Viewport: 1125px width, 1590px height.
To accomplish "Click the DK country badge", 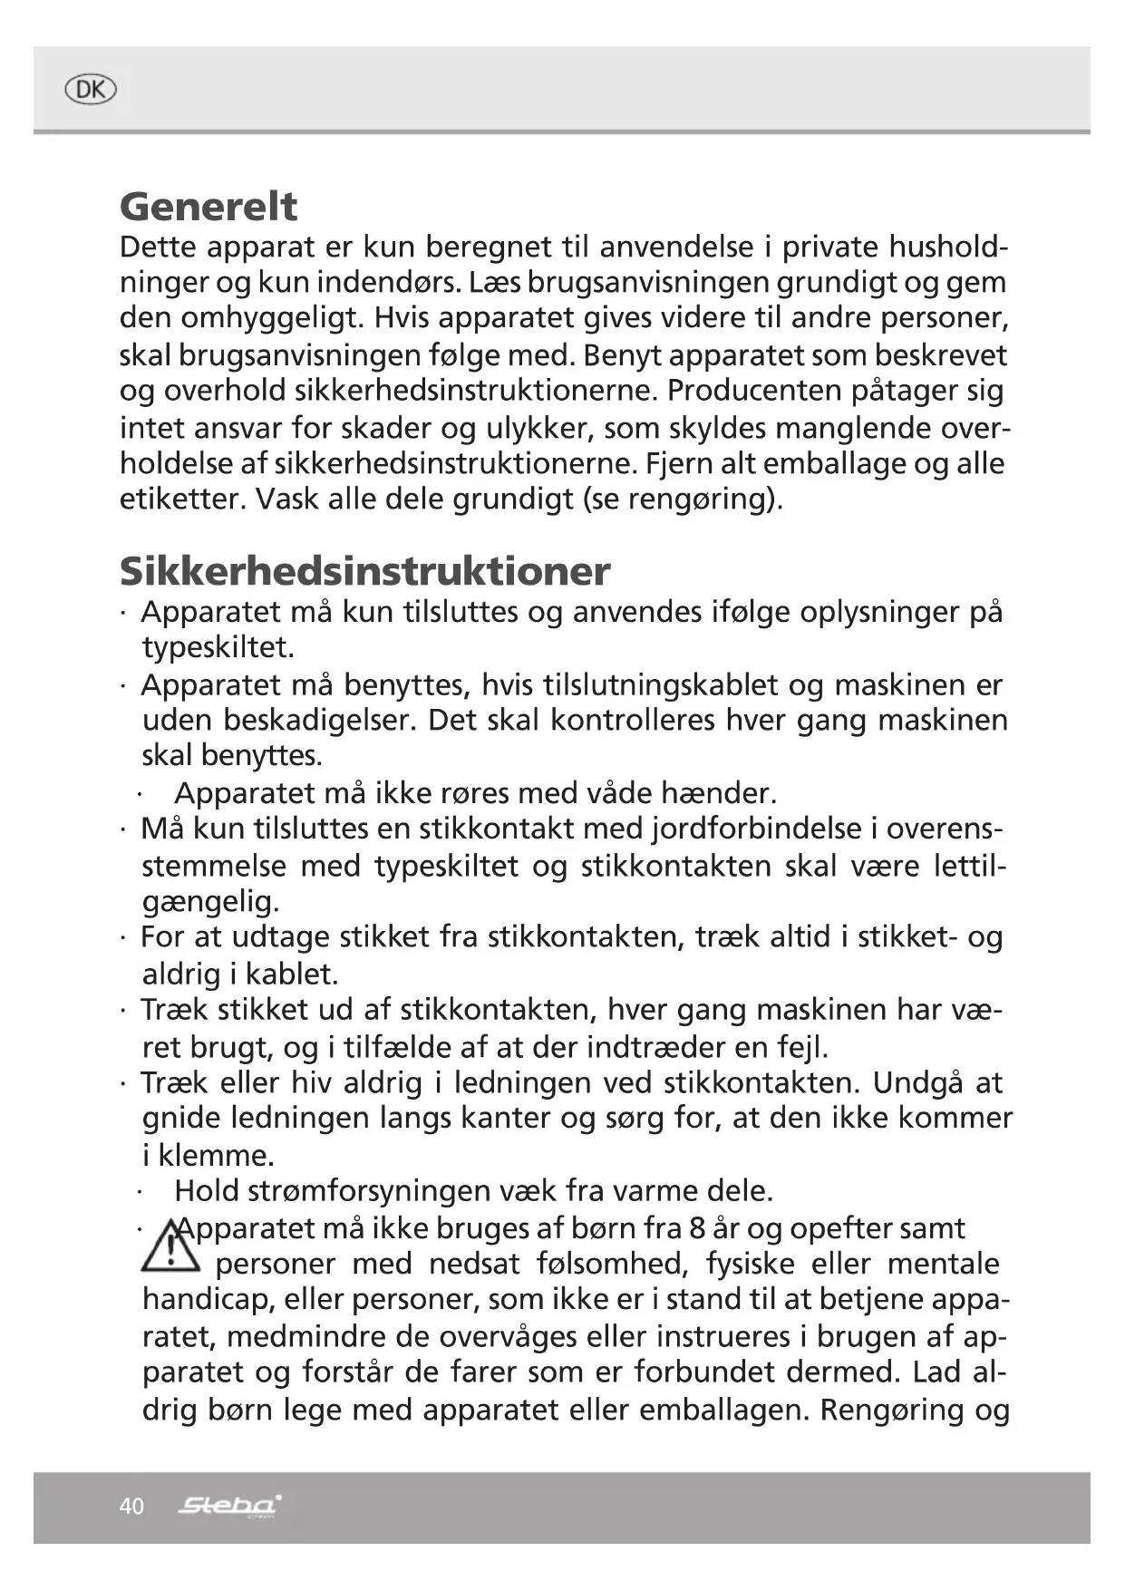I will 91,90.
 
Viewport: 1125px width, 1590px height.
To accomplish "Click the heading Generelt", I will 209,207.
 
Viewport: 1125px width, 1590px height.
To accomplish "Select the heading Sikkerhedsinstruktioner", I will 364,571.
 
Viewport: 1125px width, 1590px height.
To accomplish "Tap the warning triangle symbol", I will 170,1246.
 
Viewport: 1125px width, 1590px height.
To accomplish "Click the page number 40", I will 131,1506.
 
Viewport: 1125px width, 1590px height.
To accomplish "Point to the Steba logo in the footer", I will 230,1506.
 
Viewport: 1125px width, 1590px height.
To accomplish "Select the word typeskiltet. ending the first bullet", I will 218,648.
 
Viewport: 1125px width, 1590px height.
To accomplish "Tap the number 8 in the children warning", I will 697,1228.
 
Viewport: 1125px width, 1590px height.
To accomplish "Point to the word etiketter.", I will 182,499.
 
